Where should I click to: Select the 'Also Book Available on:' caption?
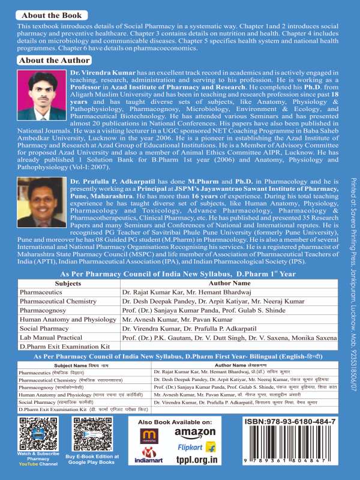pos(176,422)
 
